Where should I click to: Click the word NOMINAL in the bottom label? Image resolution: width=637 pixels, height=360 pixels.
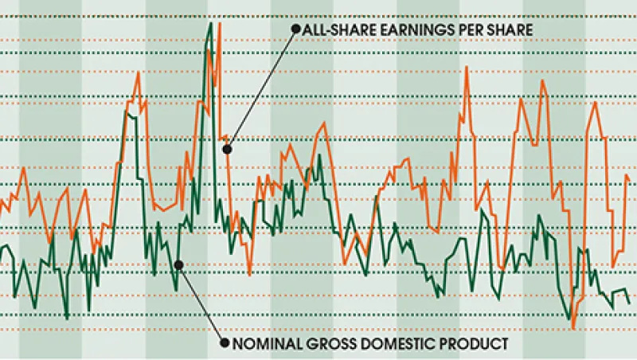pos(264,344)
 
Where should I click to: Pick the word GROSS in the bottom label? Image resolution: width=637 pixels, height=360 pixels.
pos(326,344)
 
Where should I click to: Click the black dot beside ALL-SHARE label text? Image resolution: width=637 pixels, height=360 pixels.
pos(295,29)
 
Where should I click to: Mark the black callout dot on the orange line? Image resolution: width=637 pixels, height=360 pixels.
pos(227,149)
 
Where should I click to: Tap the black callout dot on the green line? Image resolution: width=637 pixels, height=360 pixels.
pos(178,264)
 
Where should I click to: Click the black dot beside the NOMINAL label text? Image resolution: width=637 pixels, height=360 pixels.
pos(225,344)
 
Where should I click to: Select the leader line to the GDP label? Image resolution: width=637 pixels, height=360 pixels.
pos(201,304)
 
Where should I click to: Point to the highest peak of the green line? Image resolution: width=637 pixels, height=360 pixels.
pos(210,24)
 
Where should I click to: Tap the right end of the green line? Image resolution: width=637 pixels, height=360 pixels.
pos(630,303)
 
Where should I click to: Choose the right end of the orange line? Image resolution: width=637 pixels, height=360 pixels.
pos(629,178)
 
